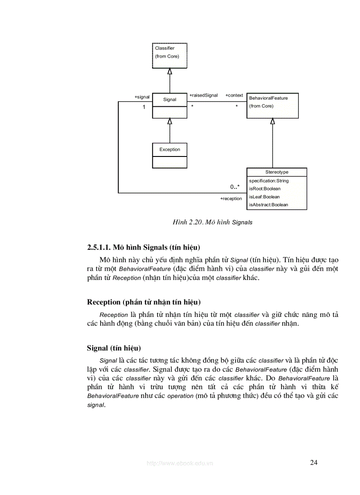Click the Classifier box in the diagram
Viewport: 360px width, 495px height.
(170, 56)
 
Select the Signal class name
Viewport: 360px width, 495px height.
(170, 100)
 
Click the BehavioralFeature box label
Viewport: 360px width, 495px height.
(268, 98)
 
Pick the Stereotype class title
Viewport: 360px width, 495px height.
(277, 172)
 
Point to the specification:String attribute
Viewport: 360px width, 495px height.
(269, 181)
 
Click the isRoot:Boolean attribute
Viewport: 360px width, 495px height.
(265, 189)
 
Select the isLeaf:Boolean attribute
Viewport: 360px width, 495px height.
(264, 197)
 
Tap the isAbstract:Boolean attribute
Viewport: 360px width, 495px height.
(268, 205)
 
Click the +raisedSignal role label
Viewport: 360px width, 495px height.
(203, 95)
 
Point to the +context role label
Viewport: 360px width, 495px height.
(234, 95)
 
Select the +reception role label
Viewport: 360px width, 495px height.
(231, 199)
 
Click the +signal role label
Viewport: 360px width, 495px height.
(142, 97)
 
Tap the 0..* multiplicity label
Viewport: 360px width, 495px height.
(235, 187)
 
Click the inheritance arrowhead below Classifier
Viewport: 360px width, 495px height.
(170, 71)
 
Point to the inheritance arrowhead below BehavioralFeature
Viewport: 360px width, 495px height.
(273, 121)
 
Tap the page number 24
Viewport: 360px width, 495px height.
(314, 462)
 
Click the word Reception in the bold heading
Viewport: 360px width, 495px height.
(104, 302)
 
